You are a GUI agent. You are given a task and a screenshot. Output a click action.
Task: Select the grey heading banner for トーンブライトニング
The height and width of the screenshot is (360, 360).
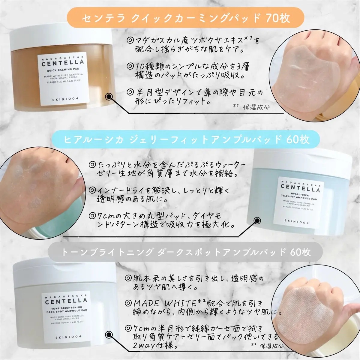point(185,252)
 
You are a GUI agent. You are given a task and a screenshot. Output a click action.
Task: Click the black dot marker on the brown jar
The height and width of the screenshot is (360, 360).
point(109,96)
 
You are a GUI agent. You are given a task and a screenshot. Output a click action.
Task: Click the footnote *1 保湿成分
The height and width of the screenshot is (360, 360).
point(251,106)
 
